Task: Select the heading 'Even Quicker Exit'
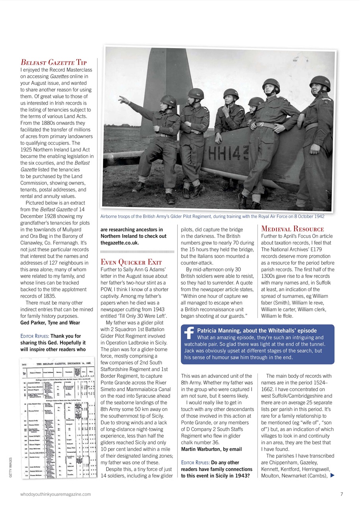tap(131, 262)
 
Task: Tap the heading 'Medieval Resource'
tap(292, 229)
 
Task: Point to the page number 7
tap(342, 494)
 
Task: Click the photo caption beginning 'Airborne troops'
tap(212, 216)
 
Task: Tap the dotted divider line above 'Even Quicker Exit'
tap(137, 251)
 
